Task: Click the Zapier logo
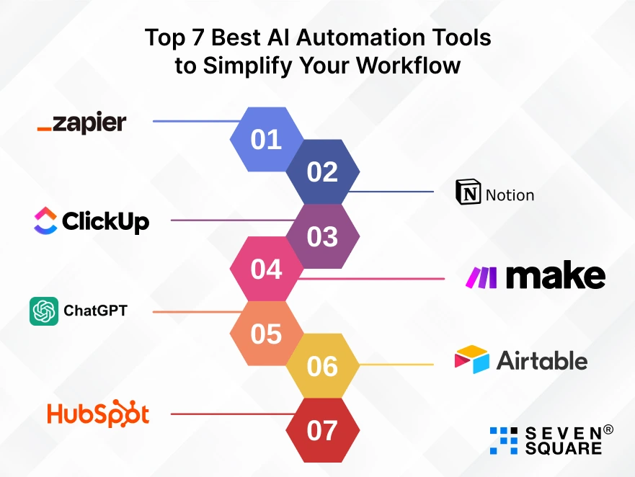point(81,123)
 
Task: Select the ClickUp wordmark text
point(105,220)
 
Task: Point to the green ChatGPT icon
point(44,311)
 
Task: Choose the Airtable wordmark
point(541,360)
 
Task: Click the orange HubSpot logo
point(98,414)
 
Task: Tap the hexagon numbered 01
point(266,139)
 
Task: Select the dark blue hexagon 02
point(323,171)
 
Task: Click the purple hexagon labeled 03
point(323,236)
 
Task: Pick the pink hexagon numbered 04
point(266,269)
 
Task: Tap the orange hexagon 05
point(266,334)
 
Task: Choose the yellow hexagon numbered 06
point(323,366)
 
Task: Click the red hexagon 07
point(323,431)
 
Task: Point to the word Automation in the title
point(340,37)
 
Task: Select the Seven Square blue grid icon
point(504,440)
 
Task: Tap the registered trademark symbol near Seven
point(608,429)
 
